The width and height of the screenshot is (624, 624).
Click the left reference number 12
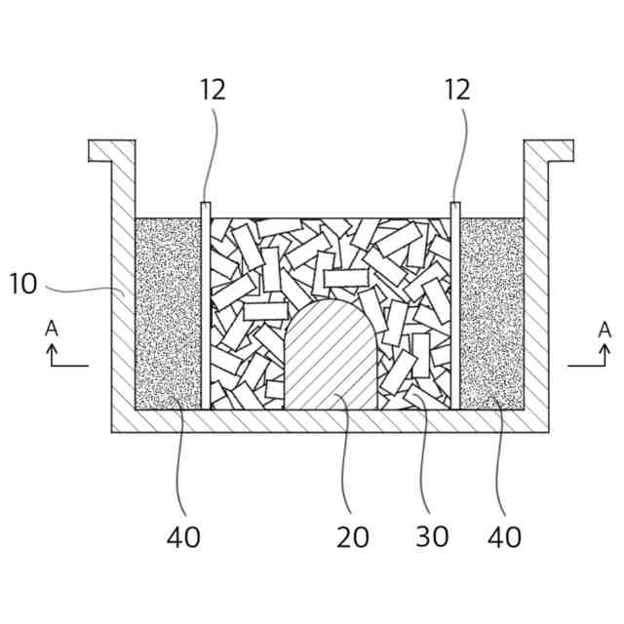click(x=213, y=90)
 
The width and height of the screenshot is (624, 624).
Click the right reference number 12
click(x=456, y=90)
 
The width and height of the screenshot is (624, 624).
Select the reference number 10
click(x=23, y=284)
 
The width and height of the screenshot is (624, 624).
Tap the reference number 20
click(x=353, y=535)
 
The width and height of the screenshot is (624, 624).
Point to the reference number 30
click(x=432, y=535)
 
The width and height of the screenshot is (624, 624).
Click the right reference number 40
click(x=505, y=535)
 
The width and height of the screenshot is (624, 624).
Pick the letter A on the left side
click(x=52, y=329)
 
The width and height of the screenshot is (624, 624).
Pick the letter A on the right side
click(x=604, y=329)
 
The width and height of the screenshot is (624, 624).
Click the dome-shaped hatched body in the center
click(x=331, y=356)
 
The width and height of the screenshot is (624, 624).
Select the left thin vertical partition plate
click(x=205, y=302)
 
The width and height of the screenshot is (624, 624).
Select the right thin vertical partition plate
click(x=455, y=302)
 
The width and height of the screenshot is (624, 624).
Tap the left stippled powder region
click(x=167, y=312)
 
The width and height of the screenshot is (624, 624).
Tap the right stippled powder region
click(x=491, y=312)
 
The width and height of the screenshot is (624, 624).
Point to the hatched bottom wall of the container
click(x=331, y=420)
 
